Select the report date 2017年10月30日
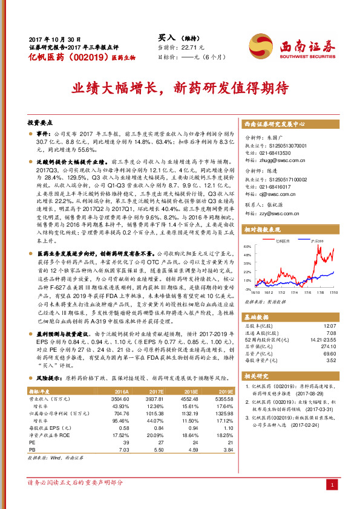[54, 37]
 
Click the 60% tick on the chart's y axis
[247, 247]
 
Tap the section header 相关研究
[258, 375]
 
